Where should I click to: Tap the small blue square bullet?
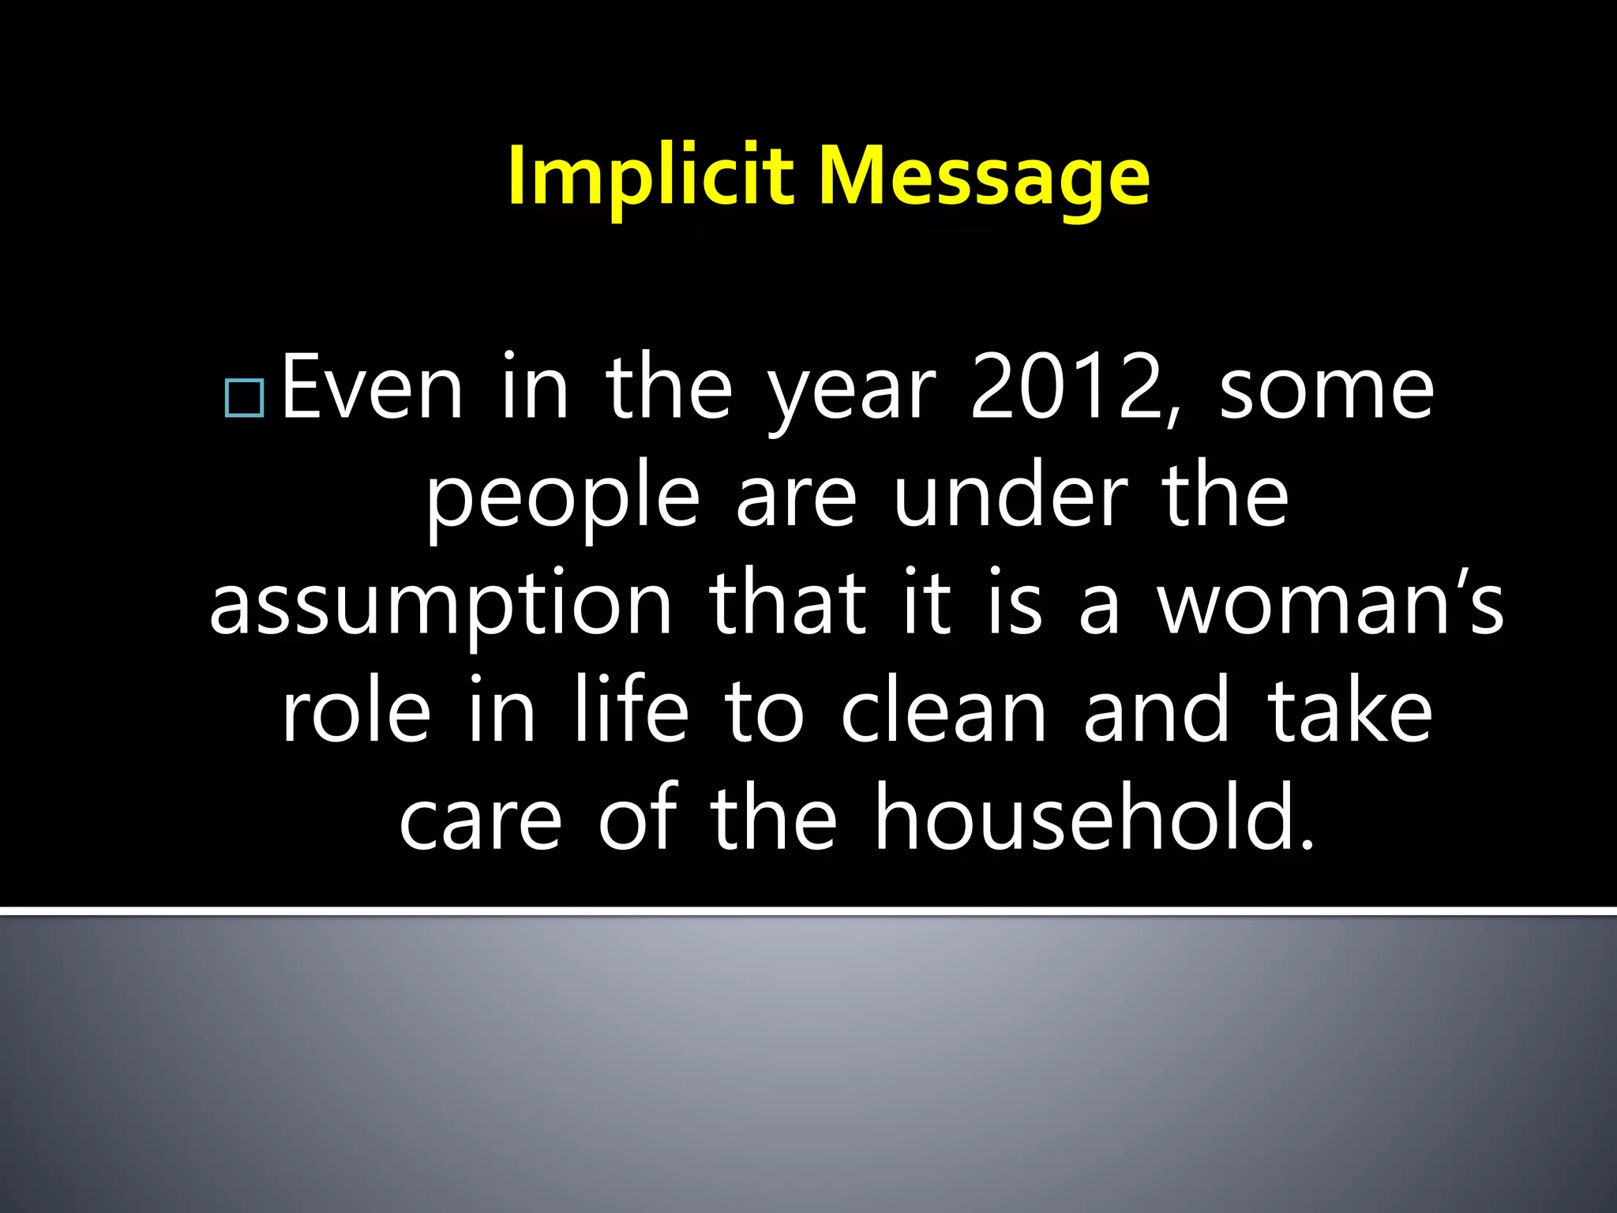point(244,398)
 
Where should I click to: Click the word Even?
point(372,389)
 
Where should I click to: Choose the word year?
point(852,391)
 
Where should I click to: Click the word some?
point(1326,389)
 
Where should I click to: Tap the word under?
point(1011,498)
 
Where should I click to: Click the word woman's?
point(1330,604)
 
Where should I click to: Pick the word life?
point(631,711)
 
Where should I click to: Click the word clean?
point(944,711)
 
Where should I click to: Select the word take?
point(1350,711)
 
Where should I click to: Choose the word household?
point(1094,818)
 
